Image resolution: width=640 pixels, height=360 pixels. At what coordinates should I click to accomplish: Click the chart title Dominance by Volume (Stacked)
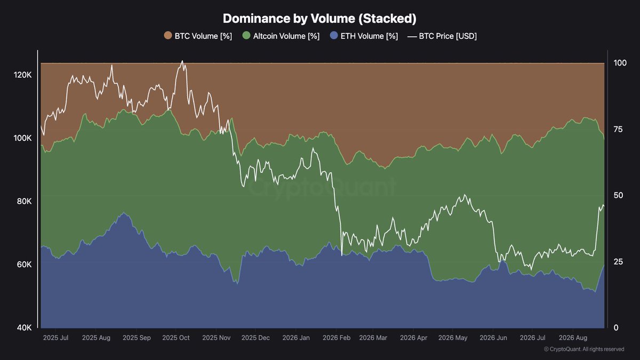click(319, 19)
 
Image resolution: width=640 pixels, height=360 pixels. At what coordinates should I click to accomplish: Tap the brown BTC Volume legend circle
click(168, 36)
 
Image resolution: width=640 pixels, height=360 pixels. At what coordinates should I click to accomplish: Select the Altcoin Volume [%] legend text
click(286, 36)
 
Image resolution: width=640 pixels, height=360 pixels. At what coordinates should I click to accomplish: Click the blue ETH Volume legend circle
click(334, 36)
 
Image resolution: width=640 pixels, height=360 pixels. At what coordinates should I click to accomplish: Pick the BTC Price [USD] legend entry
click(442, 36)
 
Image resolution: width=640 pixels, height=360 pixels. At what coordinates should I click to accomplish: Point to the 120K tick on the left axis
click(22, 75)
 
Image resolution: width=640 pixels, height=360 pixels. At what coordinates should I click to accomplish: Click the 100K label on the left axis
click(22, 138)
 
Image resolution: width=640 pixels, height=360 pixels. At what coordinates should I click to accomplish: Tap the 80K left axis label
click(25, 202)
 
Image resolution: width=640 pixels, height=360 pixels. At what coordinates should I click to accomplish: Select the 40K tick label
click(25, 327)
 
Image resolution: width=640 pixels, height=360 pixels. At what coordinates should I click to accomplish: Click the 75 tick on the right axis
click(618, 130)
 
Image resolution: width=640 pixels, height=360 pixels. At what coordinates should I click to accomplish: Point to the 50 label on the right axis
click(618, 195)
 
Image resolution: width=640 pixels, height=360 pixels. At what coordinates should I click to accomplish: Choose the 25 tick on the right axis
click(618, 262)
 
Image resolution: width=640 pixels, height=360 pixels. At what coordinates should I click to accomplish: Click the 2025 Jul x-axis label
click(55, 338)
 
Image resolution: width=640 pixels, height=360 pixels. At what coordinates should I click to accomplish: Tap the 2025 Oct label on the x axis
click(175, 338)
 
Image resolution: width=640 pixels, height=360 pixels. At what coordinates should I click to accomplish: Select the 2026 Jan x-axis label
click(296, 338)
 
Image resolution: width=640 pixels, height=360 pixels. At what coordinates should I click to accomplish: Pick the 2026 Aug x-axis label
click(573, 338)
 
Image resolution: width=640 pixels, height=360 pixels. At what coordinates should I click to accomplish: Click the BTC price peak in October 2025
click(182, 61)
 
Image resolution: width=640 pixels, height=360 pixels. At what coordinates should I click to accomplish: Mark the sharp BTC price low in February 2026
click(342, 255)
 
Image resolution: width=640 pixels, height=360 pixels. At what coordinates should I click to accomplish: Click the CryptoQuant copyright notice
click(584, 349)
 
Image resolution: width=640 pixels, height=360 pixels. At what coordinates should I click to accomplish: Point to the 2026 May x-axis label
click(453, 338)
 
